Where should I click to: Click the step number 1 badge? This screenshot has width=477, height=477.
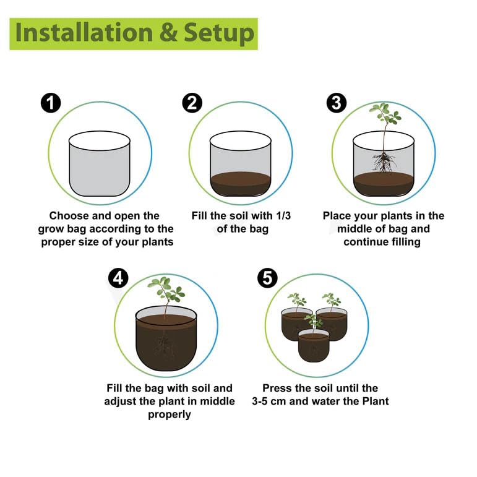point(51,103)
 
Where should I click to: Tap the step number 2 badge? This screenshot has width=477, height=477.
point(192,103)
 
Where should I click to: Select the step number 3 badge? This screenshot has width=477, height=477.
point(337,103)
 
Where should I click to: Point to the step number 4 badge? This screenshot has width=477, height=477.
point(118,278)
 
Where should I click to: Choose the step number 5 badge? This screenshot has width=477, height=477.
point(267,278)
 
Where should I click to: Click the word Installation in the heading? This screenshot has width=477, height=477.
point(84,33)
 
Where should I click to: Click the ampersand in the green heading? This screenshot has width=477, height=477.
point(168,33)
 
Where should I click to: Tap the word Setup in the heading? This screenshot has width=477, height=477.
point(219,34)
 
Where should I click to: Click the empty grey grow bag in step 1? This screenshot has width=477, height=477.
point(100,164)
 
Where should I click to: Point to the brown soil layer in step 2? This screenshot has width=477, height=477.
point(241,184)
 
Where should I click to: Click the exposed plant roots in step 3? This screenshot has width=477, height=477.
point(384,162)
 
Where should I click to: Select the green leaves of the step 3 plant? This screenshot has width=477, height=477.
point(385,113)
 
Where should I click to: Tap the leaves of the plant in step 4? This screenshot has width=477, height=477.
point(166,289)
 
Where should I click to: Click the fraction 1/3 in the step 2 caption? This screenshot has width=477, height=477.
point(283,216)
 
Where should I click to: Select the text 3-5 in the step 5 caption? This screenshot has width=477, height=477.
point(259,402)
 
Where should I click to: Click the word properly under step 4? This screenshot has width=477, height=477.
point(170,415)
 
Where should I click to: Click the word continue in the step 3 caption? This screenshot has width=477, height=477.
point(363,242)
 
